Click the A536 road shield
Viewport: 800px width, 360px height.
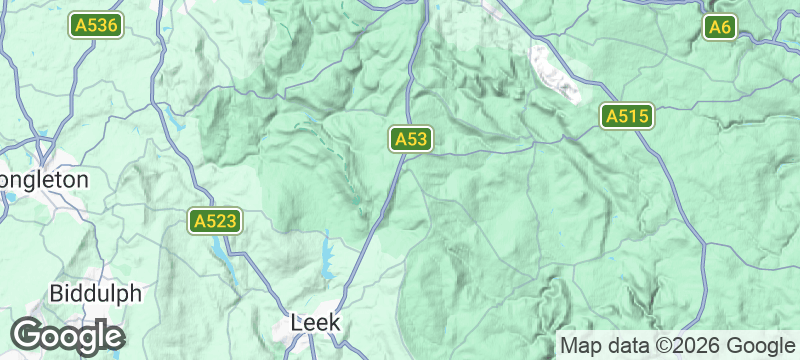pos(96,27)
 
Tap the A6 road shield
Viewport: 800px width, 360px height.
pos(720,27)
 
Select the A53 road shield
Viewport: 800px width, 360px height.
pos(411,139)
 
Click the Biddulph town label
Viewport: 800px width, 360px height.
pos(96,294)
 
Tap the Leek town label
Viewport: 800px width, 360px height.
pos(315,323)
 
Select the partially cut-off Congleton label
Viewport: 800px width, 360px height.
pos(45,180)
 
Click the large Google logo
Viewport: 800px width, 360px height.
pos(67,336)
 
